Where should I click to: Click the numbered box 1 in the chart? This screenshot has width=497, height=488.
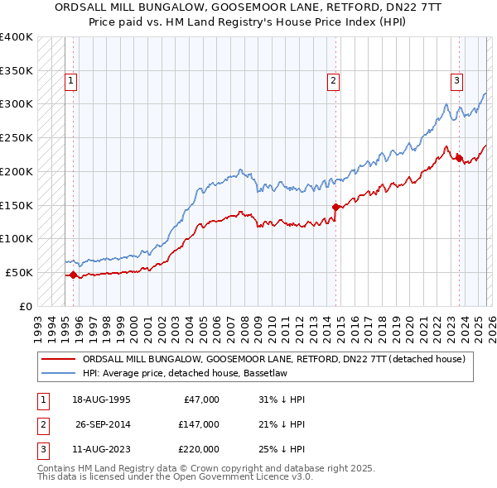pos(71,81)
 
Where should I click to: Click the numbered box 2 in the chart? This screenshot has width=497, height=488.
pos(333,81)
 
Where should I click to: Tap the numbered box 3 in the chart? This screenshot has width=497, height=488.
pos(456,81)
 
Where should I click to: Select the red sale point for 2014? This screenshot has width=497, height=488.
pos(335,207)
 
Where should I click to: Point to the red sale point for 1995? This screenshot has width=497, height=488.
pos(73,275)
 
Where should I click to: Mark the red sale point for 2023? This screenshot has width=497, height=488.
pos(459,158)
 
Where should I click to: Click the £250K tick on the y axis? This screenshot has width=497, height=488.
pos(16,137)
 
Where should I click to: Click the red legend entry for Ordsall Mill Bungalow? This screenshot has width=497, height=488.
pos(274,359)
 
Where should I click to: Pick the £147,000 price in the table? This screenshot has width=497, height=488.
pos(200,424)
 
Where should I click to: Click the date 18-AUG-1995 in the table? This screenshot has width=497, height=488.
pos(102,399)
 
